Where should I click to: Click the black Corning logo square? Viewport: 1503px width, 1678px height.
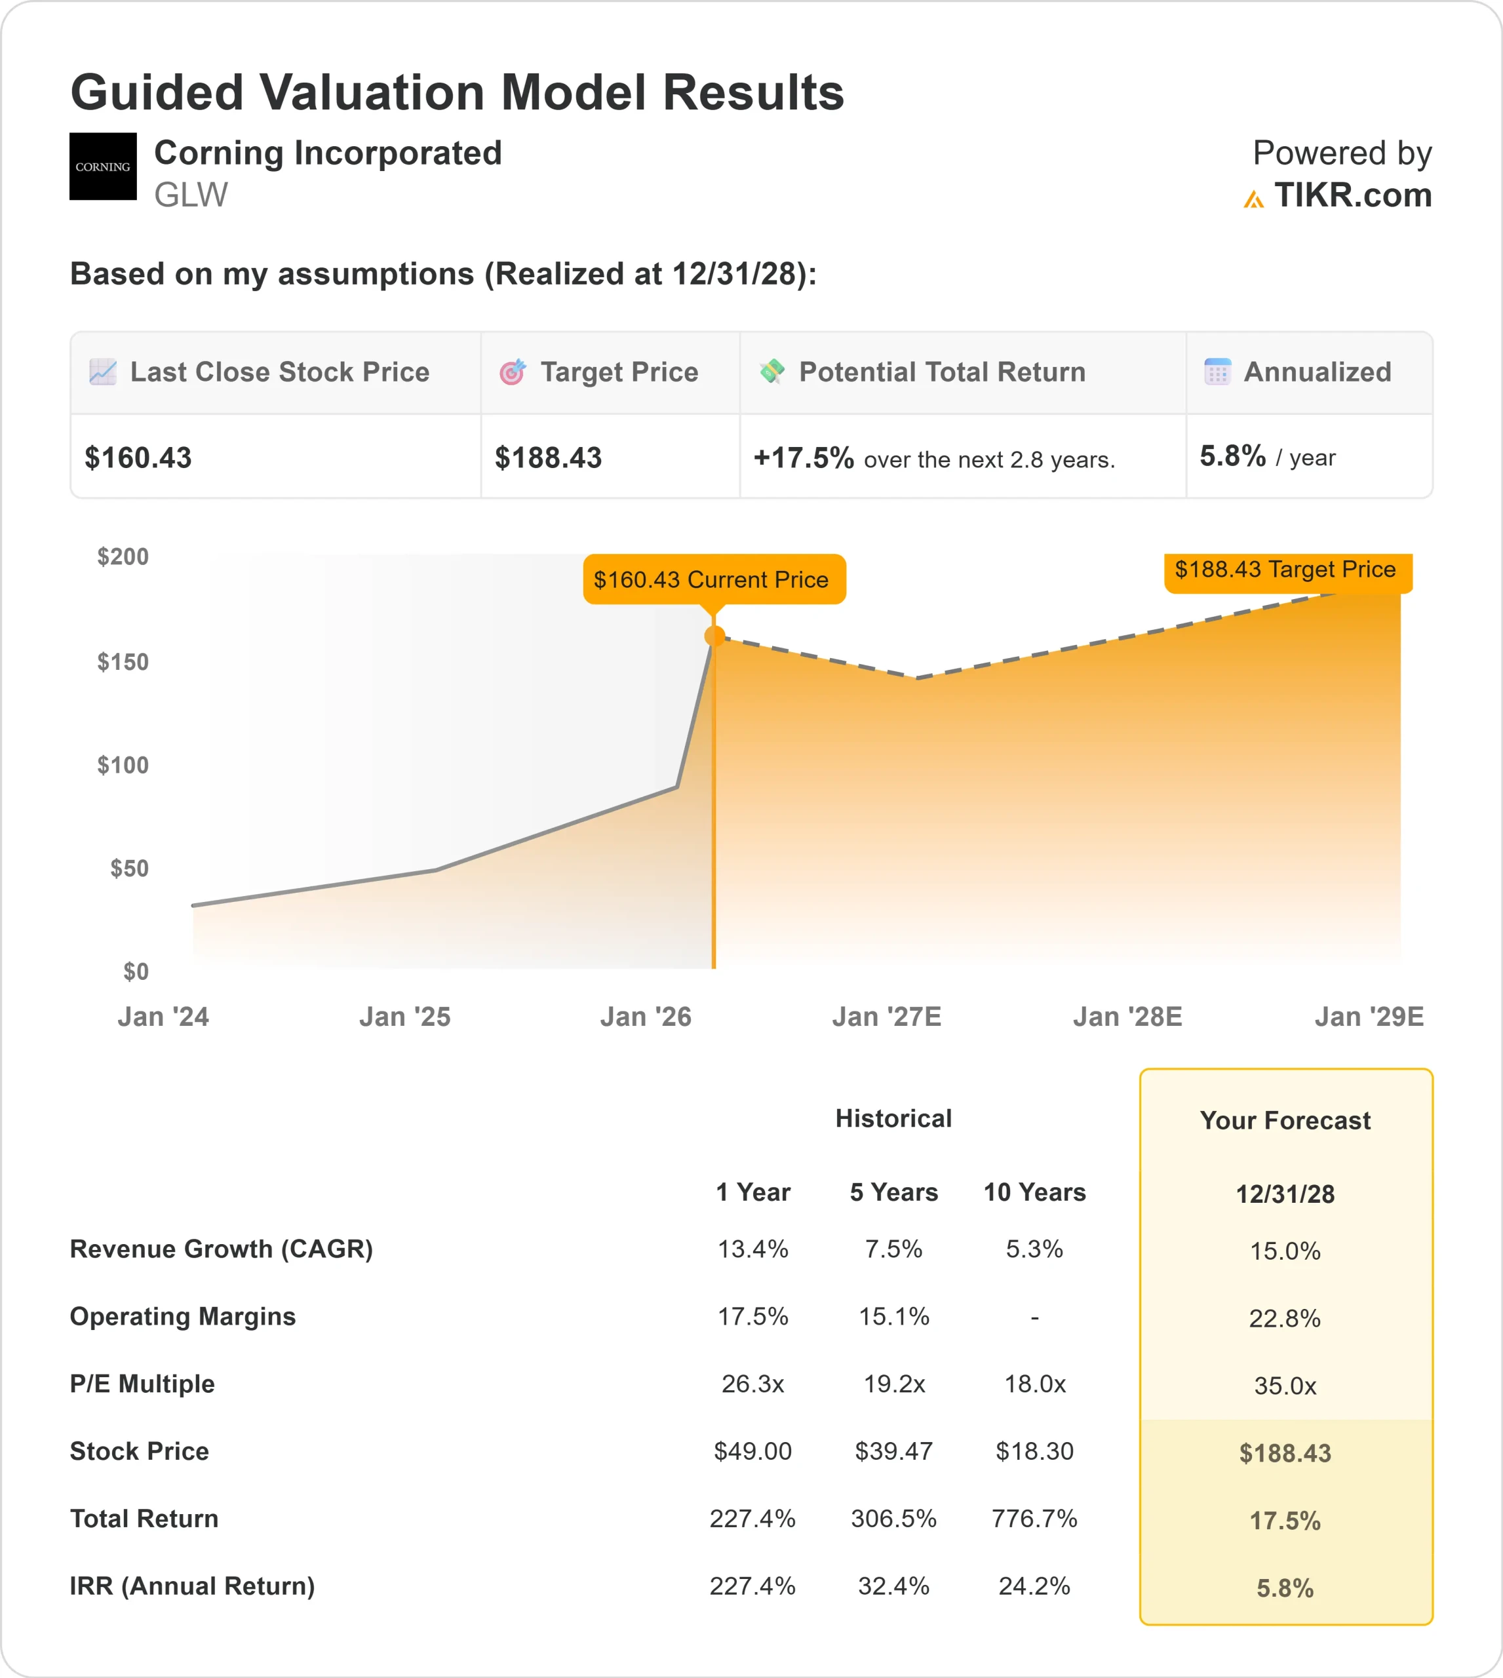tap(102, 166)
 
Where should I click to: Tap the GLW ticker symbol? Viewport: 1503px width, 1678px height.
tap(191, 195)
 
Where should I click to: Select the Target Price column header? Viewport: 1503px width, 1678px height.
tap(619, 372)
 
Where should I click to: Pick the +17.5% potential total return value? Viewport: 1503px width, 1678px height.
tap(803, 458)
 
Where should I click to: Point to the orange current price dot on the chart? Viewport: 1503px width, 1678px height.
tap(714, 636)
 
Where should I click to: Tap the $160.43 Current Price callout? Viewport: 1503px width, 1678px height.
tap(711, 579)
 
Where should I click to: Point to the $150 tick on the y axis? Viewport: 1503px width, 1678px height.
tap(123, 661)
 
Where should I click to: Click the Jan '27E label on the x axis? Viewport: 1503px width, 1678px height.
tap(886, 1017)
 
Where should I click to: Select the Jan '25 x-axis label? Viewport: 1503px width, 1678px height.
tap(404, 1017)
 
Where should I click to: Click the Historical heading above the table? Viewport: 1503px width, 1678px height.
tap(893, 1118)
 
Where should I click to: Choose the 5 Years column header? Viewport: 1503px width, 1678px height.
tap(893, 1192)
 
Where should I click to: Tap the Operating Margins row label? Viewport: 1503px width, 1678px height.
tap(182, 1316)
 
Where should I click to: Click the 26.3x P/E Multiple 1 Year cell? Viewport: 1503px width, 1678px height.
tap(752, 1383)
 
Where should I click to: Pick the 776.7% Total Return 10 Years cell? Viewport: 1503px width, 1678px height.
tap(1034, 1518)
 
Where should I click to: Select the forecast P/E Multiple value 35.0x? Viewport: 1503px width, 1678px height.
tap(1285, 1386)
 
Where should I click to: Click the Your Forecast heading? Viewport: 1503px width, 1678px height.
tap(1285, 1121)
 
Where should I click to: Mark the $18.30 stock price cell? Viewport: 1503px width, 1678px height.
tap(1034, 1451)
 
